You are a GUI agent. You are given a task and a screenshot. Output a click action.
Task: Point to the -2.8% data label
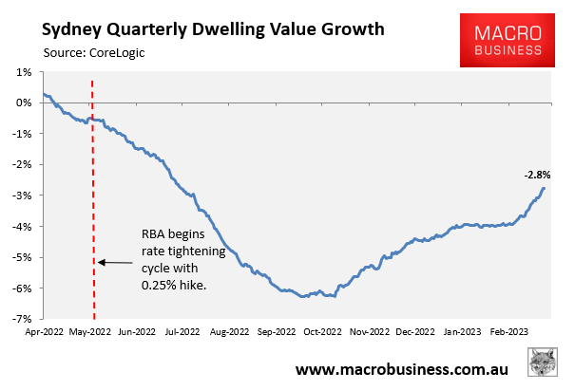point(537,175)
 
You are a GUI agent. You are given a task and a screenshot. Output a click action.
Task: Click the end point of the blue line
point(544,188)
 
